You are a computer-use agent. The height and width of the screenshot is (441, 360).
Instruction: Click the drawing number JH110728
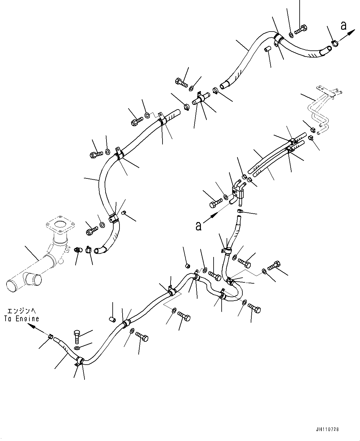(327, 429)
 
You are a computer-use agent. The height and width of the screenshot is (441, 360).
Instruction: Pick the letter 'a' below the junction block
(198, 226)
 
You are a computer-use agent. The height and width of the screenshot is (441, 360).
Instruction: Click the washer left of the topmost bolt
(291, 35)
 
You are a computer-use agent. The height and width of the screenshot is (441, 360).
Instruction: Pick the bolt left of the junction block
(215, 203)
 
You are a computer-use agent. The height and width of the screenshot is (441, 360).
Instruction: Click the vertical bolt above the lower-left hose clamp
(77, 337)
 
